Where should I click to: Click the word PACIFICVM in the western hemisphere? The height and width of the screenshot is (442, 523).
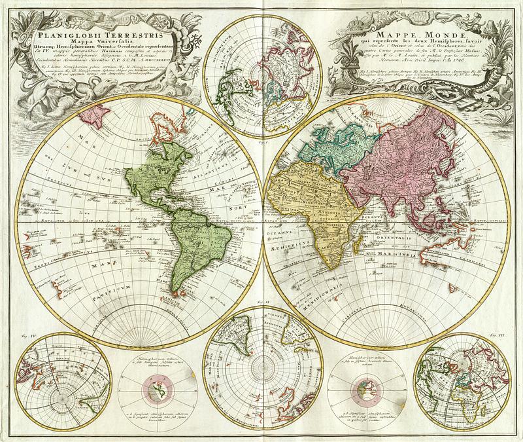131,287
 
